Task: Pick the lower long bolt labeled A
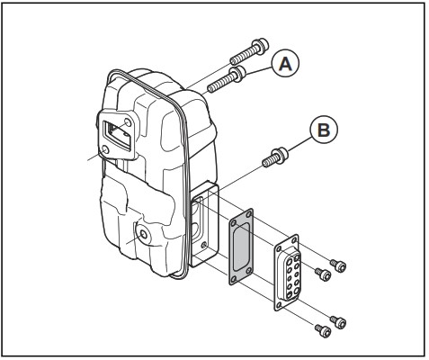pos(229,81)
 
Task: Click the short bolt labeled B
pos(273,157)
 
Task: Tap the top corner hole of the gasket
pos(237,216)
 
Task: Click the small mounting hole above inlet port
pos(131,121)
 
